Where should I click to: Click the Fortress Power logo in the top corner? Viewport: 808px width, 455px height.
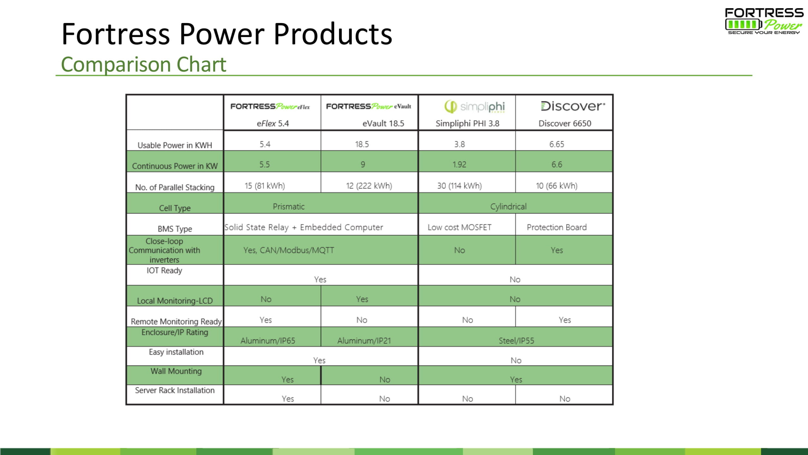tap(764, 21)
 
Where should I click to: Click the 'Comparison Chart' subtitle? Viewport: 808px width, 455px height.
tap(144, 64)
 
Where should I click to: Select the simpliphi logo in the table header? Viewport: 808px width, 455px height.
tap(475, 107)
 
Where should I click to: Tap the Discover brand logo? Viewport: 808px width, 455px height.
tap(573, 106)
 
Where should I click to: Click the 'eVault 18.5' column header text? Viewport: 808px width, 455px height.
tap(383, 124)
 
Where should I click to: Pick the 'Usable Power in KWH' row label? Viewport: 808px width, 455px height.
tap(175, 145)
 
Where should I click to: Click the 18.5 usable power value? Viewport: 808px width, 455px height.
tap(362, 144)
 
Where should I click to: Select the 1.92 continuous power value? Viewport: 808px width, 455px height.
tap(459, 165)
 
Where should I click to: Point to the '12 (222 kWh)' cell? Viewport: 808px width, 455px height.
tap(369, 186)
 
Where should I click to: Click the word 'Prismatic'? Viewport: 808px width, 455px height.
tap(289, 207)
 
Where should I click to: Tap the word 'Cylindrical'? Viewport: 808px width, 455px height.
tap(508, 207)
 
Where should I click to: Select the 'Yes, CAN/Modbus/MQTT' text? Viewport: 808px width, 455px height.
tap(288, 250)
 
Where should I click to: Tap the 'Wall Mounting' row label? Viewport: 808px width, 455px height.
tap(176, 371)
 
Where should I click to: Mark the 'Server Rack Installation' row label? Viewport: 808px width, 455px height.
tap(175, 391)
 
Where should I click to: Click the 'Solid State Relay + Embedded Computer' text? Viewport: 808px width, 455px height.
tap(304, 227)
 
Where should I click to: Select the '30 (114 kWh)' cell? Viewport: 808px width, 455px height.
tap(460, 186)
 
